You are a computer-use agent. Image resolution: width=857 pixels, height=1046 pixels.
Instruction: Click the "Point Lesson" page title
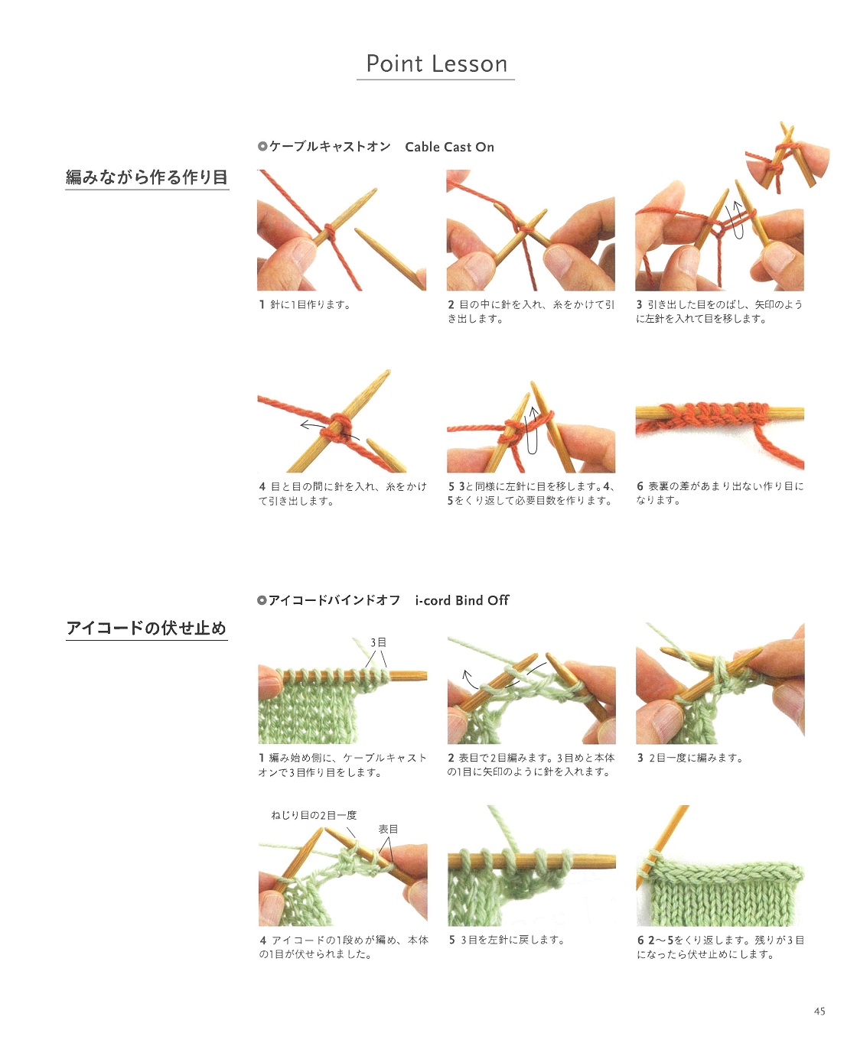pyautogui.click(x=436, y=64)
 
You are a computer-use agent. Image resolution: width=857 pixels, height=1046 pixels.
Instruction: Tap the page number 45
pyautogui.click(x=820, y=1011)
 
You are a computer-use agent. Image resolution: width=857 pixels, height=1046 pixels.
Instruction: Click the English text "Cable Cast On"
pyautogui.click(x=449, y=147)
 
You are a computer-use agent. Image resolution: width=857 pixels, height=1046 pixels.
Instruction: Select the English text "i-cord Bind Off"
pyautogui.click(x=461, y=600)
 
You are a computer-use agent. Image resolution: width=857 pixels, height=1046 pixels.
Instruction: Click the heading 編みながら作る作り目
pyautogui.click(x=147, y=177)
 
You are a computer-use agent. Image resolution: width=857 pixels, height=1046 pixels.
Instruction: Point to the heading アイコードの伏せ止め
pyautogui.click(x=146, y=628)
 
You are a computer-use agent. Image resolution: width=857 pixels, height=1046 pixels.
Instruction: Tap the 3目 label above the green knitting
pyautogui.click(x=378, y=642)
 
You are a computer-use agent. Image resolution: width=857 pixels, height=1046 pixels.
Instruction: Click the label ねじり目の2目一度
pyautogui.click(x=314, y=815)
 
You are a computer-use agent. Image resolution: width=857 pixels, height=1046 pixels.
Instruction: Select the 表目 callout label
pyautogui.click(x=388, y=829)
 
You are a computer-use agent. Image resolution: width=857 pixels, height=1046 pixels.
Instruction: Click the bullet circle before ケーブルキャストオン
pyautogui.click(x=262, y=146)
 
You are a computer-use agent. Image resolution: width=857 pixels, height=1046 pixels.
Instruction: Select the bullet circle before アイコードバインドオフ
pyautogui.click(x=262, y=600)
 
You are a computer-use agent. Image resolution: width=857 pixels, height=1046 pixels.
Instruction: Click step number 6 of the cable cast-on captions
pyautogui.click(x=640, y=486)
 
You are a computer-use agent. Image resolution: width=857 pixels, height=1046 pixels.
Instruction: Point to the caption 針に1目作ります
pyautogui.click(x=311, y=304)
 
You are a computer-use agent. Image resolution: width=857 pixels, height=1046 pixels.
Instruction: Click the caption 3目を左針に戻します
pyautogui.click(x=513, y=940)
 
